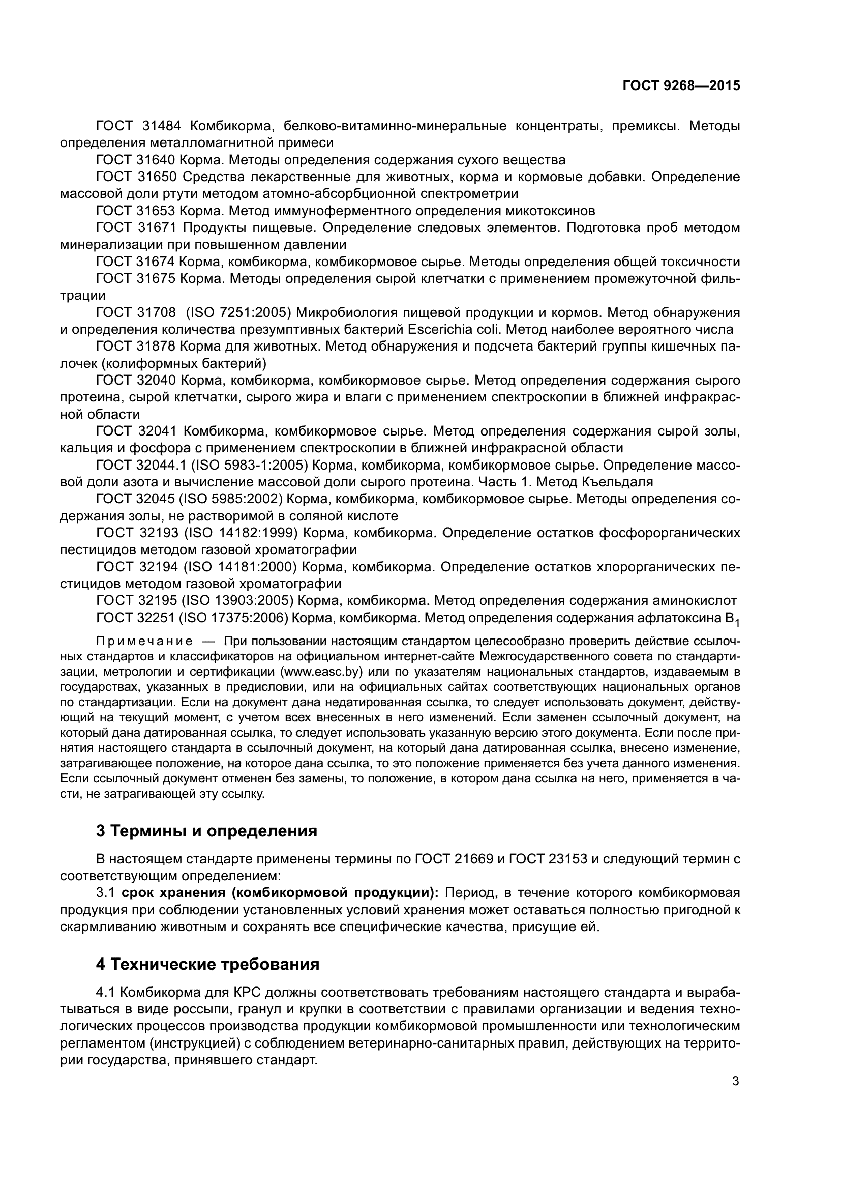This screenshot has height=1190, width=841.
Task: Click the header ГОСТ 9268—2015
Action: tap(680, 86)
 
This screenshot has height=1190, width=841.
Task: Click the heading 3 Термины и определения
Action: tap(206, 831)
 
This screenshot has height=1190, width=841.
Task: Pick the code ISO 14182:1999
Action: tap(242, 533)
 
